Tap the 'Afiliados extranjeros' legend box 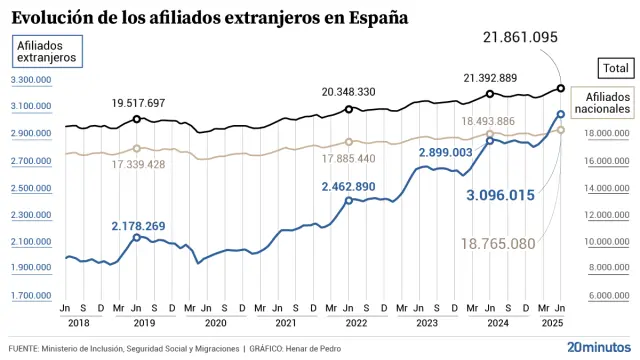click(46, 52)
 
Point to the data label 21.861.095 click(520, 37)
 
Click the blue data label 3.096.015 click(502, 194)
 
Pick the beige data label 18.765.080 click(498, 243)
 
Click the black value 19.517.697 click(138, 103)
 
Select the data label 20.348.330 click(348, 91)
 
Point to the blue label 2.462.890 click(348, 187)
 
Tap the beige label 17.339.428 click(138, 164)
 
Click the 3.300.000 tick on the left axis click(31, 79)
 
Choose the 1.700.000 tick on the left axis click(31, 296)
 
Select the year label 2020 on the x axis click(215, 324)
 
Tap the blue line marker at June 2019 click(136, 237)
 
